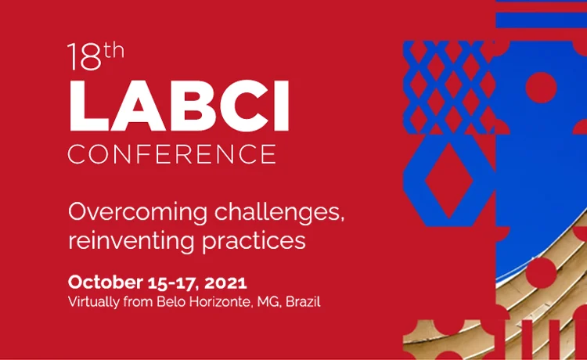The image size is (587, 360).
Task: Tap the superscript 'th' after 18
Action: pyautogui.click(x=113, y=51)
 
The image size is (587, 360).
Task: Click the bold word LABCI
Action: pyautogui.click(x=179, y=106)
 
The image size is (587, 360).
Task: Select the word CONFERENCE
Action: pyautogui.click(x=172, y=154)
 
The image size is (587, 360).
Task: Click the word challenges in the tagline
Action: pyautogui.click(x=279, y=212)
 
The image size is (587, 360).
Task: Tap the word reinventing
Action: pyautogui.click(x=131, y=240)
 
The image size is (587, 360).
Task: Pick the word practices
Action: pyautogui.click(x=254, y=240)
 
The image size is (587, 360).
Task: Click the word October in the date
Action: pyautogui.click(x=105, y=283)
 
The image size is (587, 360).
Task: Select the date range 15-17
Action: pyautogui.click(x=173, y=283)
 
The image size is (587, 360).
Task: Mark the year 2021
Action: pyautogui.click(x=225, y=283)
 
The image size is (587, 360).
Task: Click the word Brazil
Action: pyautogui.click(x=303, y=301)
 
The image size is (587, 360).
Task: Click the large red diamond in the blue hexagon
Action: pyautogui.click(x=449, y=180)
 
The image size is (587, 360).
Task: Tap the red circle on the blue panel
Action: pyautogui.click(x=541, y=88)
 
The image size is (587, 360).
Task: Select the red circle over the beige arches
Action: pyautogui.click(x=541, y=273)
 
